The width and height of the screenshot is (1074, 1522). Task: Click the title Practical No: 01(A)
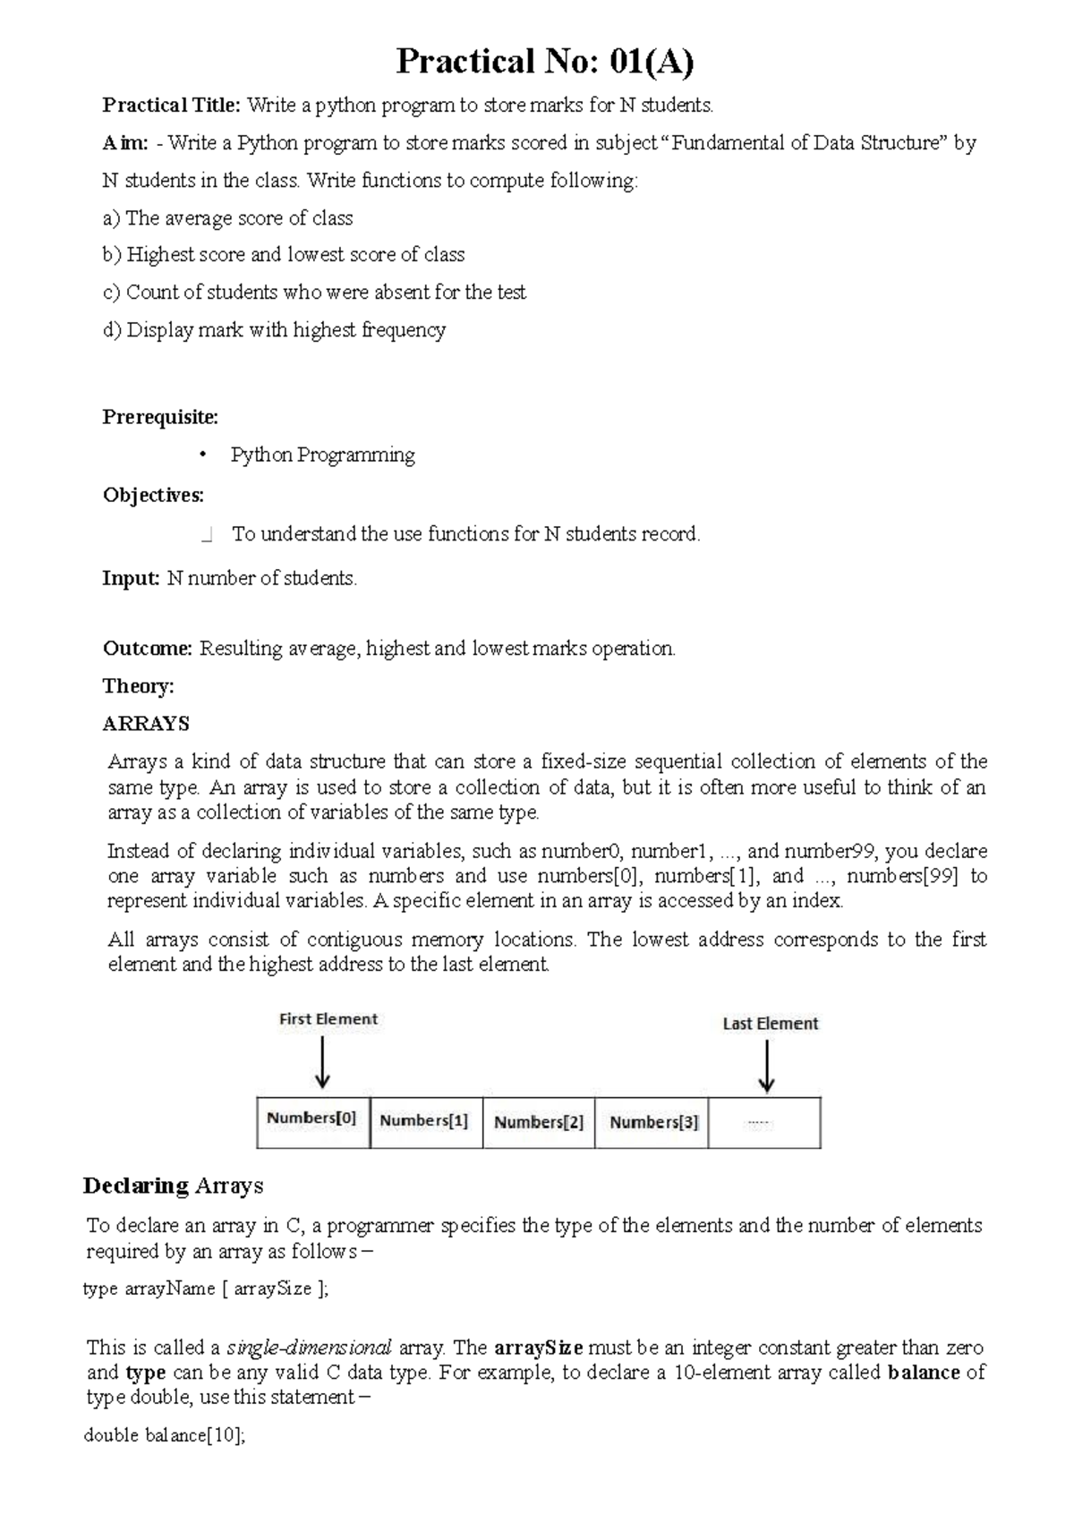point(545,62)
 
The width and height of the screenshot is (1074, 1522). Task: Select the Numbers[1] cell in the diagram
point(425,1122)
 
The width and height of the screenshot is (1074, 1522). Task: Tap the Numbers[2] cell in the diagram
point(539,1123)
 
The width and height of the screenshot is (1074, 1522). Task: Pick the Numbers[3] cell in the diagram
point(652,1123)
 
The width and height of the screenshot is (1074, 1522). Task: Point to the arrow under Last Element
point(766,1067)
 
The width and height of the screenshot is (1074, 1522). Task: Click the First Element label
point(328,1019)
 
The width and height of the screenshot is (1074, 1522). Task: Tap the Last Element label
point(770,1024)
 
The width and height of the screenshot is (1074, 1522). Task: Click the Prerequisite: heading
point(159,417)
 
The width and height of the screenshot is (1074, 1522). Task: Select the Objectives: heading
point(153,495)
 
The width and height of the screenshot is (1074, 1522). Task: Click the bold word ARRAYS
point(146,724)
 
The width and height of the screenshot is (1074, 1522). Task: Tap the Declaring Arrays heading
point(173,1186)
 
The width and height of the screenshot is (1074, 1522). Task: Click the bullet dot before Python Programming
point(203,455)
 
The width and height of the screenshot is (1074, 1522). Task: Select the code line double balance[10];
point(164,1435)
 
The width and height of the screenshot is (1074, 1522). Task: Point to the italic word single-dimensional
point(310,1348)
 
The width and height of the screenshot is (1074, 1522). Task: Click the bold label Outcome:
point(148,648)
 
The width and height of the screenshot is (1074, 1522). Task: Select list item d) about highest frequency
point(274,330)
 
